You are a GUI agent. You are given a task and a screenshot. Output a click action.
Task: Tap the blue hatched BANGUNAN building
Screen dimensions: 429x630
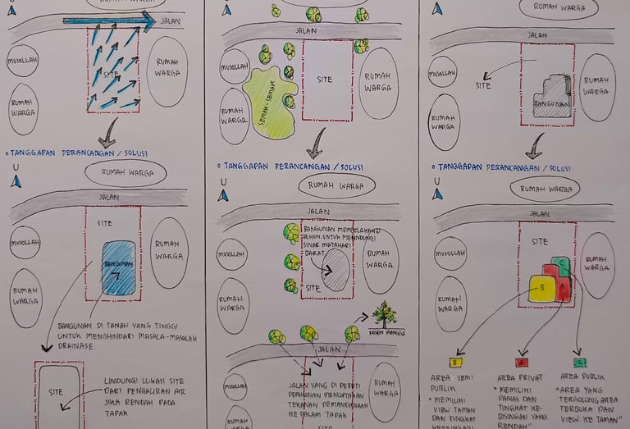(x=118, y=267)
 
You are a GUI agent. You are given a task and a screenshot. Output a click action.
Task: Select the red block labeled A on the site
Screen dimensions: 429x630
(x=564, y=287)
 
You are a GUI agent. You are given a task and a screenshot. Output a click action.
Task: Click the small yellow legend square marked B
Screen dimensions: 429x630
(x=454, y=362)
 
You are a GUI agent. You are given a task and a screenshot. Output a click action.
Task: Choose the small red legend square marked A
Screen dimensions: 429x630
(x=519, y=362)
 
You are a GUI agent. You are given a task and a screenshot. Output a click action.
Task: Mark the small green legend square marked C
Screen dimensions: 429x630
(x=580, y=362)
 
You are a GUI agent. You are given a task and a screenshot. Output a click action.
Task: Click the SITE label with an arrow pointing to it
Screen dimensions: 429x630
(x=483, y=84)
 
